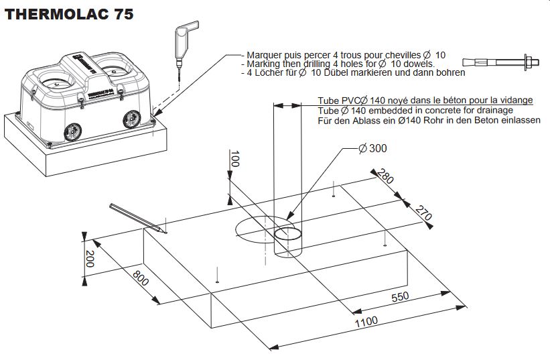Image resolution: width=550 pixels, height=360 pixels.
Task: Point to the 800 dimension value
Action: pos(140,278)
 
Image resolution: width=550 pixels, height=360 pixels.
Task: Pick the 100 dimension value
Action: pos(234,160)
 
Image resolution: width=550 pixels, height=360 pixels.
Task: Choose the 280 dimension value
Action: pos(385,178)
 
